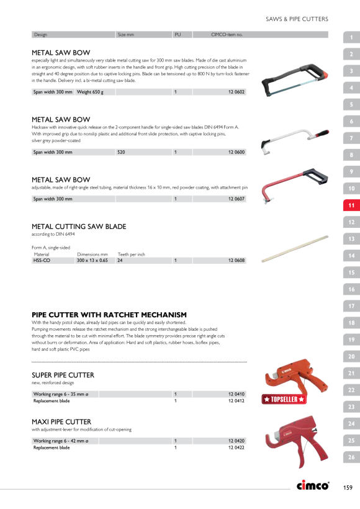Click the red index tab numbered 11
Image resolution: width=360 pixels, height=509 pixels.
coord(351,205)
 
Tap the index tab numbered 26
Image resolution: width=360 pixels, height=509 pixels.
coord(351,457)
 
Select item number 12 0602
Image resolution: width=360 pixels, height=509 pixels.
coord(236,92)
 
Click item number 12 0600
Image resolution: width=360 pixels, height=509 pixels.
coord(236,152)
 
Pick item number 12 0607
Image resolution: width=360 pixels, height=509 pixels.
coord(236,199)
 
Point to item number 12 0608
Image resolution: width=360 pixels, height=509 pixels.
coord(236,260)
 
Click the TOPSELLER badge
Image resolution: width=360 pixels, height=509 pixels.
coord(284,399)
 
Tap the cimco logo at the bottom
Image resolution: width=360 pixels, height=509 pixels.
coord(313,485)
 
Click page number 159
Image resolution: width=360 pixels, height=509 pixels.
coord(348,487)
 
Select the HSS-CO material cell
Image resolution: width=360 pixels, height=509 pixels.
coord(42,260)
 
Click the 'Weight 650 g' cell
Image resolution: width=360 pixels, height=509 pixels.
coord(90,92)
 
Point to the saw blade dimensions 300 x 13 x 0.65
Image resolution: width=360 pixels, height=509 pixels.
coord(92,260)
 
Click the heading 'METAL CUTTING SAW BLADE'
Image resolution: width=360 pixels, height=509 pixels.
coord(79,227)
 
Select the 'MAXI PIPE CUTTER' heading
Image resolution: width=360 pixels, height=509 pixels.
coord(61,421)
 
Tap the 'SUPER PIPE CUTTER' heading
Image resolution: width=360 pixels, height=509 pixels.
coord(63,375)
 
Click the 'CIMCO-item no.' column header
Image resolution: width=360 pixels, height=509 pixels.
coord(227,34)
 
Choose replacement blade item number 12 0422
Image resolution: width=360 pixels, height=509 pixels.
coord(236,448)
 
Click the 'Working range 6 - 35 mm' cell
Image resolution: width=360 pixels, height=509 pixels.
coord(61,394)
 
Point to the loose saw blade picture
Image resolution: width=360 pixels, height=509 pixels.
coord(295,249)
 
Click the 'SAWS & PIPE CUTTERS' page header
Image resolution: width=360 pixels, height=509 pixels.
coord(297,19)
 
